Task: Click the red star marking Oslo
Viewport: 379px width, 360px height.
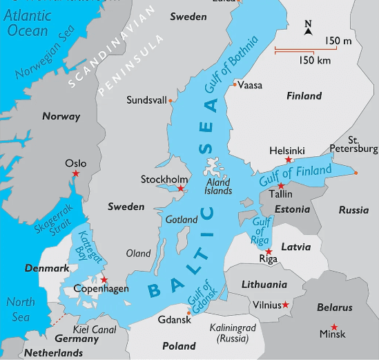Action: pos(76,173)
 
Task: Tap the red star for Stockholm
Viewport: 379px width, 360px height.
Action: pos(180,188)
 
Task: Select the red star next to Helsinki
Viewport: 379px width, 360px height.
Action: pos(288,160)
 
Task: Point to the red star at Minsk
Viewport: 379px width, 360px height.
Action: pos(334,326)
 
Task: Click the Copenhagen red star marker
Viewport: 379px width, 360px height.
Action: pos(104,279)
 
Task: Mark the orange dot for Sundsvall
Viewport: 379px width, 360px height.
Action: pos(171,101)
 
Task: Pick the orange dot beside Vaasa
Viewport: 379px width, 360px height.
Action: pos(235,84)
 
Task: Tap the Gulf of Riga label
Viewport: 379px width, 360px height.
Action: pos(260,231)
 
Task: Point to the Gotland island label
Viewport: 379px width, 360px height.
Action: pos(182,220)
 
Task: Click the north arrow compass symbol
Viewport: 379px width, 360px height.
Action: pos(308,28)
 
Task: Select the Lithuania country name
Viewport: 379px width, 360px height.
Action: pos(264,284)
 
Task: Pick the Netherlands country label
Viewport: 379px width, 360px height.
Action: pos(54,352)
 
